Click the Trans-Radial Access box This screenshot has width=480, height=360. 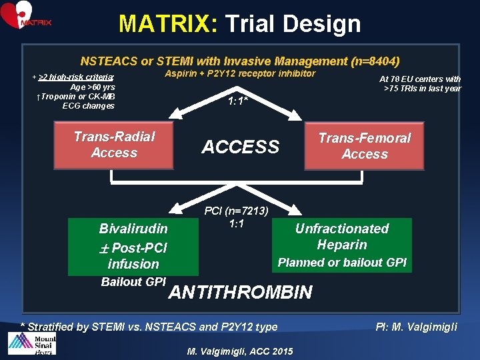click(114, 145)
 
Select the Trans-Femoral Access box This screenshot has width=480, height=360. click(364, 146)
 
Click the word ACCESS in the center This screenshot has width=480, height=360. click(240, 147)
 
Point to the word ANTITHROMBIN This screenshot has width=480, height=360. click(240, 292)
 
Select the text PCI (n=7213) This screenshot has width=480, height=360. click(237, 211)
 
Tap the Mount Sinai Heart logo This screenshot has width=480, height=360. click(32, 345)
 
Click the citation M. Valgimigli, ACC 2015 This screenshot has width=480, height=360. click(240, 351)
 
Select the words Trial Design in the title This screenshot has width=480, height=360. click(293, 24)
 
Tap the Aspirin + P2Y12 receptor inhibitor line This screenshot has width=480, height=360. click(240, 73)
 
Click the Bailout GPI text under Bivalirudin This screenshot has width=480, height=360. click(133, 282)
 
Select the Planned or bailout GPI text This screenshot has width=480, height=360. click(342, 263)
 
